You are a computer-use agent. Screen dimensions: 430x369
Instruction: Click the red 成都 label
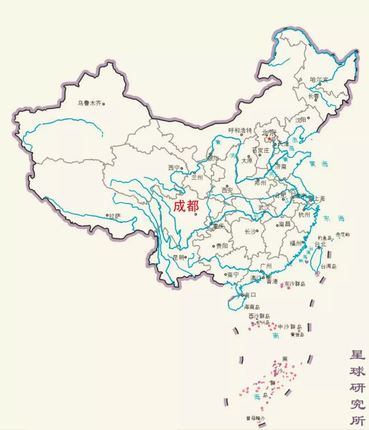[186, 206]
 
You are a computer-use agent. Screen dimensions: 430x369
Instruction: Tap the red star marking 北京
[269, 139]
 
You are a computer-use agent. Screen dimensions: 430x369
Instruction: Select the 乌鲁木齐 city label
[89, 103]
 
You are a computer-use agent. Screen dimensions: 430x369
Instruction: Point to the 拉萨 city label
[115, 216]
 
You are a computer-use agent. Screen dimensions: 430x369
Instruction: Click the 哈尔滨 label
[319, 80]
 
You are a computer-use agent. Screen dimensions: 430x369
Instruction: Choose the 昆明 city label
[178, 258]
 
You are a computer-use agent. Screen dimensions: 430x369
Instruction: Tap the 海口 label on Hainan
[250, 295]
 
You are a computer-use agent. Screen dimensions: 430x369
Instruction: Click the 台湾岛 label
[329, 266]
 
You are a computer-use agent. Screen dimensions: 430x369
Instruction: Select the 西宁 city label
[174, 168]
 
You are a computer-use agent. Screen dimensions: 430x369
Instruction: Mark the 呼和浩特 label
[240, 130]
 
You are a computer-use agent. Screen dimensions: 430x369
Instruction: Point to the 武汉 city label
[264, 207]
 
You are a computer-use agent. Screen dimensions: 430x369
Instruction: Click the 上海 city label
[319, 198]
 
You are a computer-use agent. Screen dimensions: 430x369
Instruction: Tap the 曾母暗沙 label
[256, 418]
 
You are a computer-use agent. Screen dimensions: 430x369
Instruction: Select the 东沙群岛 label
[295, 283]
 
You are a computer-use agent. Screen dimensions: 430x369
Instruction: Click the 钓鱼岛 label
[325, 238]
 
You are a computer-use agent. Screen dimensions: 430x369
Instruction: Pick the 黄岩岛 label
[297, 334]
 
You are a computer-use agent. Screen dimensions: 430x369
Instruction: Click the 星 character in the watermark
[357, 355]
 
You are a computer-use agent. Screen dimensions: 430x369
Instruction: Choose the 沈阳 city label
[301, 120]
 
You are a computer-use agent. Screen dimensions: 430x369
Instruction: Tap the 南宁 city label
[233, 275]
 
